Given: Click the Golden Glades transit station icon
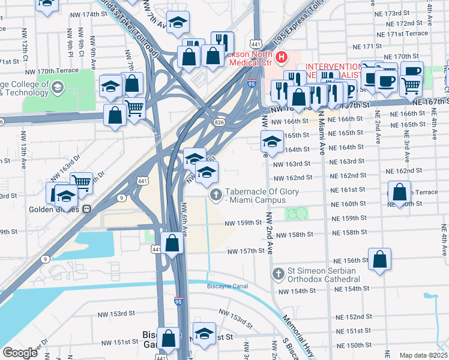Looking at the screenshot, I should [x=86, y=209].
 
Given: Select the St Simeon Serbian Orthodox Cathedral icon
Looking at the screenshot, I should [x=277, y=274].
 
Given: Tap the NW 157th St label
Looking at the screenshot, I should [x=245, y=251].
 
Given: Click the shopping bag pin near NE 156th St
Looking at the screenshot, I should [x=379, y=260].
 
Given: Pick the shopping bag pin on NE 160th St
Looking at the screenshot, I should [x=399, y=193].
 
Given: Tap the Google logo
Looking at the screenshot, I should [x=20, y=352].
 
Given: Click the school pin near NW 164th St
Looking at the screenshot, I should [x=271, y=142].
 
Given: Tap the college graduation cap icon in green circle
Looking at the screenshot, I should [x=57, y=88].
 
